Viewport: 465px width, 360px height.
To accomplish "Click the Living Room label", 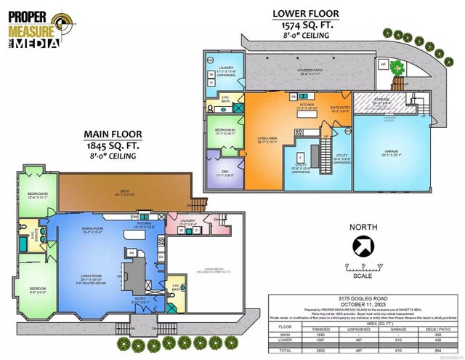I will click(x=94, y=277).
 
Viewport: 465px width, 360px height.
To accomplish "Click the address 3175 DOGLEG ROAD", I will click(x=363, y=299).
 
